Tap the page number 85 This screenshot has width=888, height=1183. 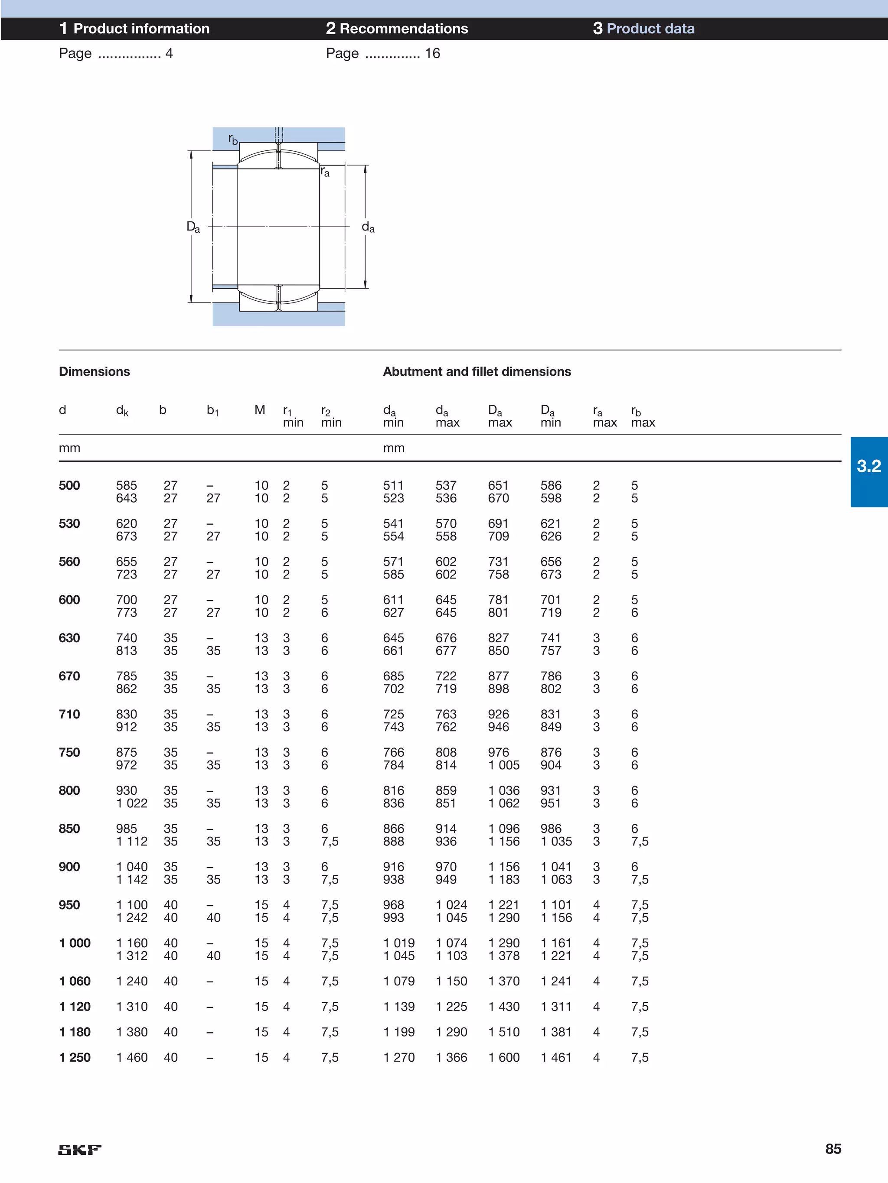point(832,1148)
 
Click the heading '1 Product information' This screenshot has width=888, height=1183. point(134,28)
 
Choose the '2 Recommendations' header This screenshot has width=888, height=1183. point(397,28)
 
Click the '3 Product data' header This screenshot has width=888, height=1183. point(643,28)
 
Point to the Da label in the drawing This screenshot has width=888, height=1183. point(193,227)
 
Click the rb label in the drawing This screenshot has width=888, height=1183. point(233,140)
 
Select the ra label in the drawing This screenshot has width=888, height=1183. point(325,172)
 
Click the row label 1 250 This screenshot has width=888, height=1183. point(75,1057)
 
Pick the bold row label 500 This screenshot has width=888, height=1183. point(69,486)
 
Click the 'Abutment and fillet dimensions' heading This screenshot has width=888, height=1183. point(477,371)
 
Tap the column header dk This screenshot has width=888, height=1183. point(122,411)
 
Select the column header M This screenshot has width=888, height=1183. point(260,409)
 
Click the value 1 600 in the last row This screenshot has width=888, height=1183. point(504,1057)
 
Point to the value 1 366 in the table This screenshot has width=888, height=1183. point(451,1057)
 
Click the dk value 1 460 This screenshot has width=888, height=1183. point(132,1057)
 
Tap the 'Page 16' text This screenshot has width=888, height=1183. point(383,53)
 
